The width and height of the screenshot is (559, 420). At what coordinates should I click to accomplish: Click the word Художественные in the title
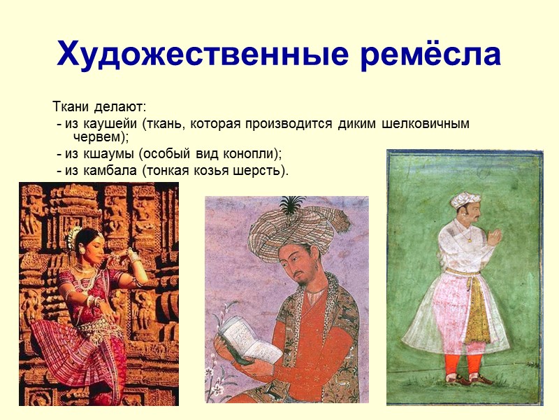coord(181,54)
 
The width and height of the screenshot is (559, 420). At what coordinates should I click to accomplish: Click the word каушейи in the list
coord(110,124)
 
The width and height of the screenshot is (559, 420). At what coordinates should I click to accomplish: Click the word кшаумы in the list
coord(110,153)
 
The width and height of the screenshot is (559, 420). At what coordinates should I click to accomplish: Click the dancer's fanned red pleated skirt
coord(66,350)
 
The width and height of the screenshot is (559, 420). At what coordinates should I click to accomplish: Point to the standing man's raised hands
coord(495,236)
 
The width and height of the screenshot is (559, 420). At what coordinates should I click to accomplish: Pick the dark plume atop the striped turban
coord(291,204)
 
